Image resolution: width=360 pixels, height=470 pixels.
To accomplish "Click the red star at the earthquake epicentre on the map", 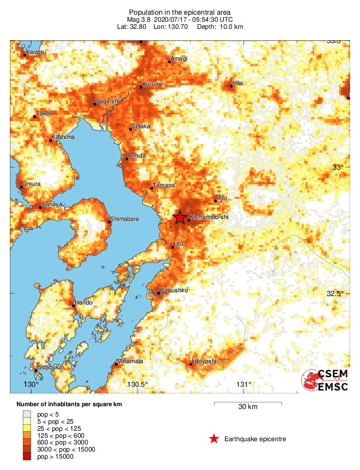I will [180, 218].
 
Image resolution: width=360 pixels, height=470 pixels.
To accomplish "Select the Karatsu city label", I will [36, 52].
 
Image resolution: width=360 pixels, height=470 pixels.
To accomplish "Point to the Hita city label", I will [238, 83].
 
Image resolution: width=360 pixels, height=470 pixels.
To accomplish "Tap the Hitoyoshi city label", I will [204, 361].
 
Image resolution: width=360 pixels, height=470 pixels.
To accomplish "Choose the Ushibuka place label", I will [50, 367].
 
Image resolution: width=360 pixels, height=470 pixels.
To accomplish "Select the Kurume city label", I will [153, 84].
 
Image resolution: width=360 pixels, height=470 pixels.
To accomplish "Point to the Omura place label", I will [31, 183].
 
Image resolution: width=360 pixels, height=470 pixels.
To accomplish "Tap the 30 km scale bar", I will [248, 403].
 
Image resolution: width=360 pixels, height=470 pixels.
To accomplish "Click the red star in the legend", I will [214, 439].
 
